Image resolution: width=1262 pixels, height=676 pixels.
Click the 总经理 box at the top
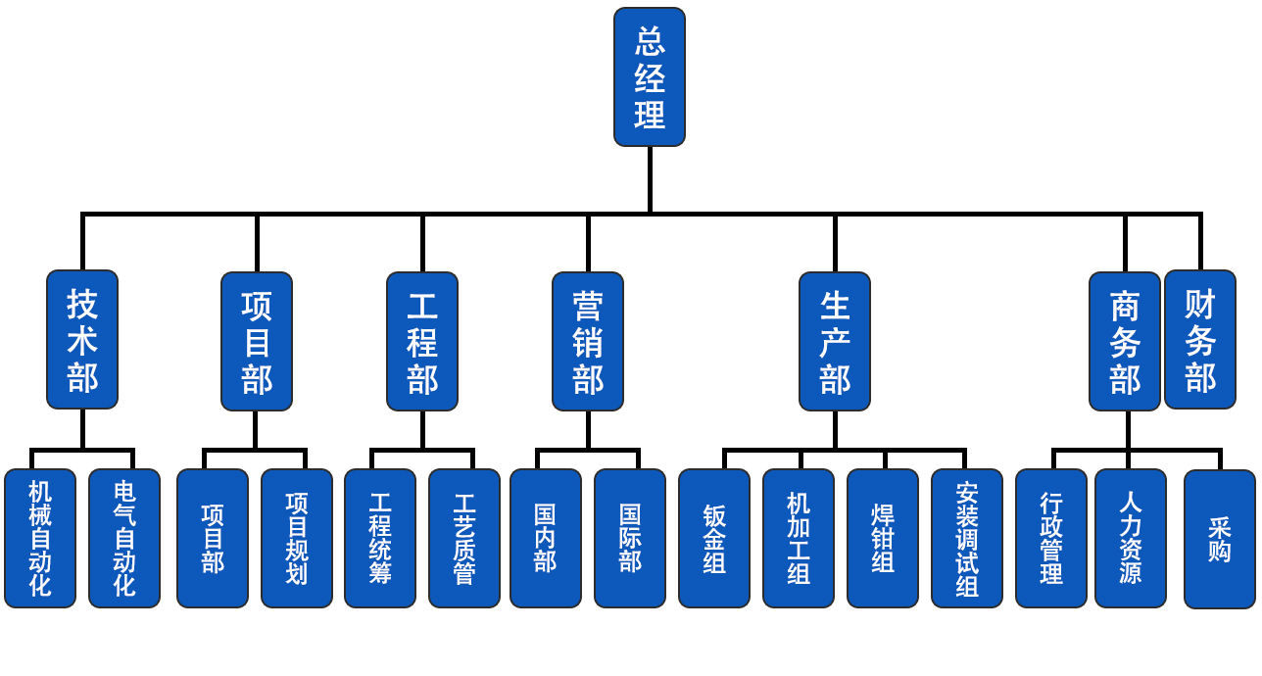coord(649,76)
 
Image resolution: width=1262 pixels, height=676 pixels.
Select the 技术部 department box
coord(82,339)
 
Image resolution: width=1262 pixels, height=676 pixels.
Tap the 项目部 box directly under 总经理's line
coord(257,339)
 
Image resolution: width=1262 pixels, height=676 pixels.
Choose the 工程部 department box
coord(422,339)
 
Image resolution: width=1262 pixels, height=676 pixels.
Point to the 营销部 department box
coord(588,339)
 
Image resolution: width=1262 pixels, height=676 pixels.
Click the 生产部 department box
coord(835,339)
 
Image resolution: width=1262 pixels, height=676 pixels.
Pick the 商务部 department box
coord(1125,339)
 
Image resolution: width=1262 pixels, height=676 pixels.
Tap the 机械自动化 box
coord(40,538)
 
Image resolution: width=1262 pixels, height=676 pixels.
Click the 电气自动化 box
coord(124,538)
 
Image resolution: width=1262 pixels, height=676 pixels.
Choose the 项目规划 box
coord(297,538)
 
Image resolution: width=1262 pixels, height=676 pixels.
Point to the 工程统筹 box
coord(380,538)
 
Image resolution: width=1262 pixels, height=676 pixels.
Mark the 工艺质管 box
coord(464,538)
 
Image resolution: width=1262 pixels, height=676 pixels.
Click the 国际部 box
coord(631,538)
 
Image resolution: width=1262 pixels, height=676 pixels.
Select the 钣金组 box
coord(715,538)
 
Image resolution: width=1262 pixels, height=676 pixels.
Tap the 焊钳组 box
coord(883,538)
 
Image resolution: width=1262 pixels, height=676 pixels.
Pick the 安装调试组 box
coord(967,538)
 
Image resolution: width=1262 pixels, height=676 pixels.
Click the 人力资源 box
coord(1131,538)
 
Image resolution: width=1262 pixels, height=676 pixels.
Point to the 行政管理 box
coord(1051,538)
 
